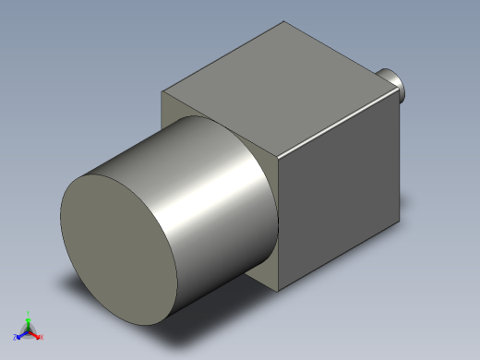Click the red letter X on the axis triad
coord(42,337)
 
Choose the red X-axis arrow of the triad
coord(36,333)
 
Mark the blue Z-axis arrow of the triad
coord(22,333)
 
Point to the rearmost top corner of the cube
coord(281,21)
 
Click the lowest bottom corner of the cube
coord(278,292)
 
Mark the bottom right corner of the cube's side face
coord(402,222)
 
